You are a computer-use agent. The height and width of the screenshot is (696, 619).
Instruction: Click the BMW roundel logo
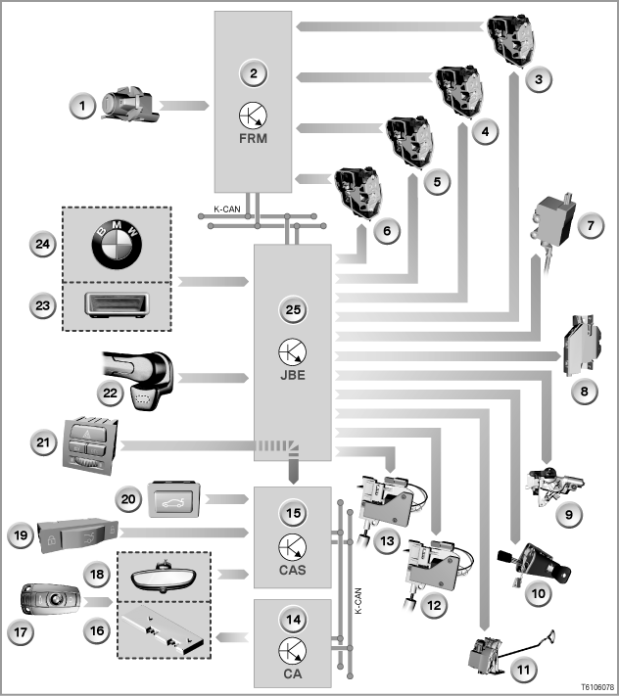117,244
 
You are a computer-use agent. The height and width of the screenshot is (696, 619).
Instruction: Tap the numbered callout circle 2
254,73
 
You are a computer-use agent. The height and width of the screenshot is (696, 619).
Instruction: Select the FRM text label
253,138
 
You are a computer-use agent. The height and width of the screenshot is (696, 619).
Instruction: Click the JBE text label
293,375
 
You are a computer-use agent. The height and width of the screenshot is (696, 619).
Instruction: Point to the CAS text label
293,570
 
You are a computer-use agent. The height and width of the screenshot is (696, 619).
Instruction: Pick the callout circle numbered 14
293,620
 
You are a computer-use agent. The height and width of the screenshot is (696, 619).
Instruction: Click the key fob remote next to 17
50,599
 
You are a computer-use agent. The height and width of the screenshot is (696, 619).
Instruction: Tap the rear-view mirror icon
165,577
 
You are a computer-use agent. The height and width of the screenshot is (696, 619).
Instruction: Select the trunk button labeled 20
173,499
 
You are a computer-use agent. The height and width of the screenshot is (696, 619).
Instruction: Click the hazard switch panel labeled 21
90,445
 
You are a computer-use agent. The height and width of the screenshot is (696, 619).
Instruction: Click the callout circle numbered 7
591,225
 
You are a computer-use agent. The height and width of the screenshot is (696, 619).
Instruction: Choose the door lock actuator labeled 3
511,42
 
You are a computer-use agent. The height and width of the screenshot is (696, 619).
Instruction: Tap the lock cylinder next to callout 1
129,105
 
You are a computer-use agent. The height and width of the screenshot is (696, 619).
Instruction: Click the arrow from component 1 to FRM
184,106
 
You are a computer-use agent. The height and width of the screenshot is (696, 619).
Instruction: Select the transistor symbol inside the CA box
293,651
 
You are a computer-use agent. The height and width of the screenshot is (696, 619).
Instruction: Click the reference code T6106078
597,686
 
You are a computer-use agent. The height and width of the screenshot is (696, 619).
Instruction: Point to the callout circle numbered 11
524,670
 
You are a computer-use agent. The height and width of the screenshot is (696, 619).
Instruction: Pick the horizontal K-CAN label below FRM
227,209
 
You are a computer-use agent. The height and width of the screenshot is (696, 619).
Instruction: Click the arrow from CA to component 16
232,637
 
